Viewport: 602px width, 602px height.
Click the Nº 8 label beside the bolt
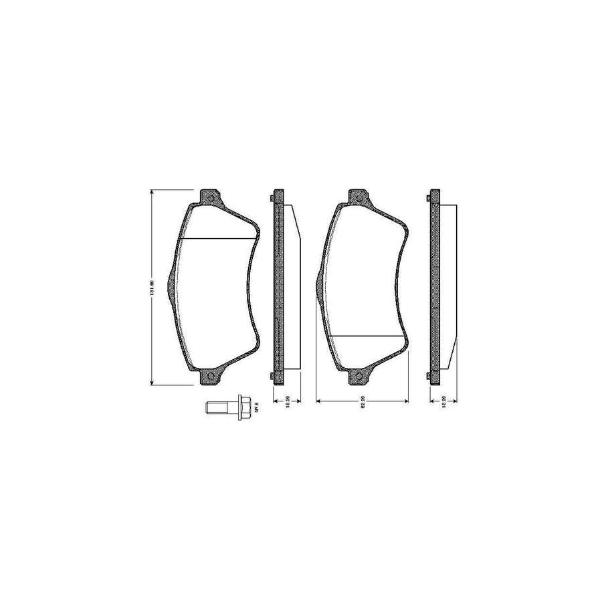(x=256, y=405)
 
